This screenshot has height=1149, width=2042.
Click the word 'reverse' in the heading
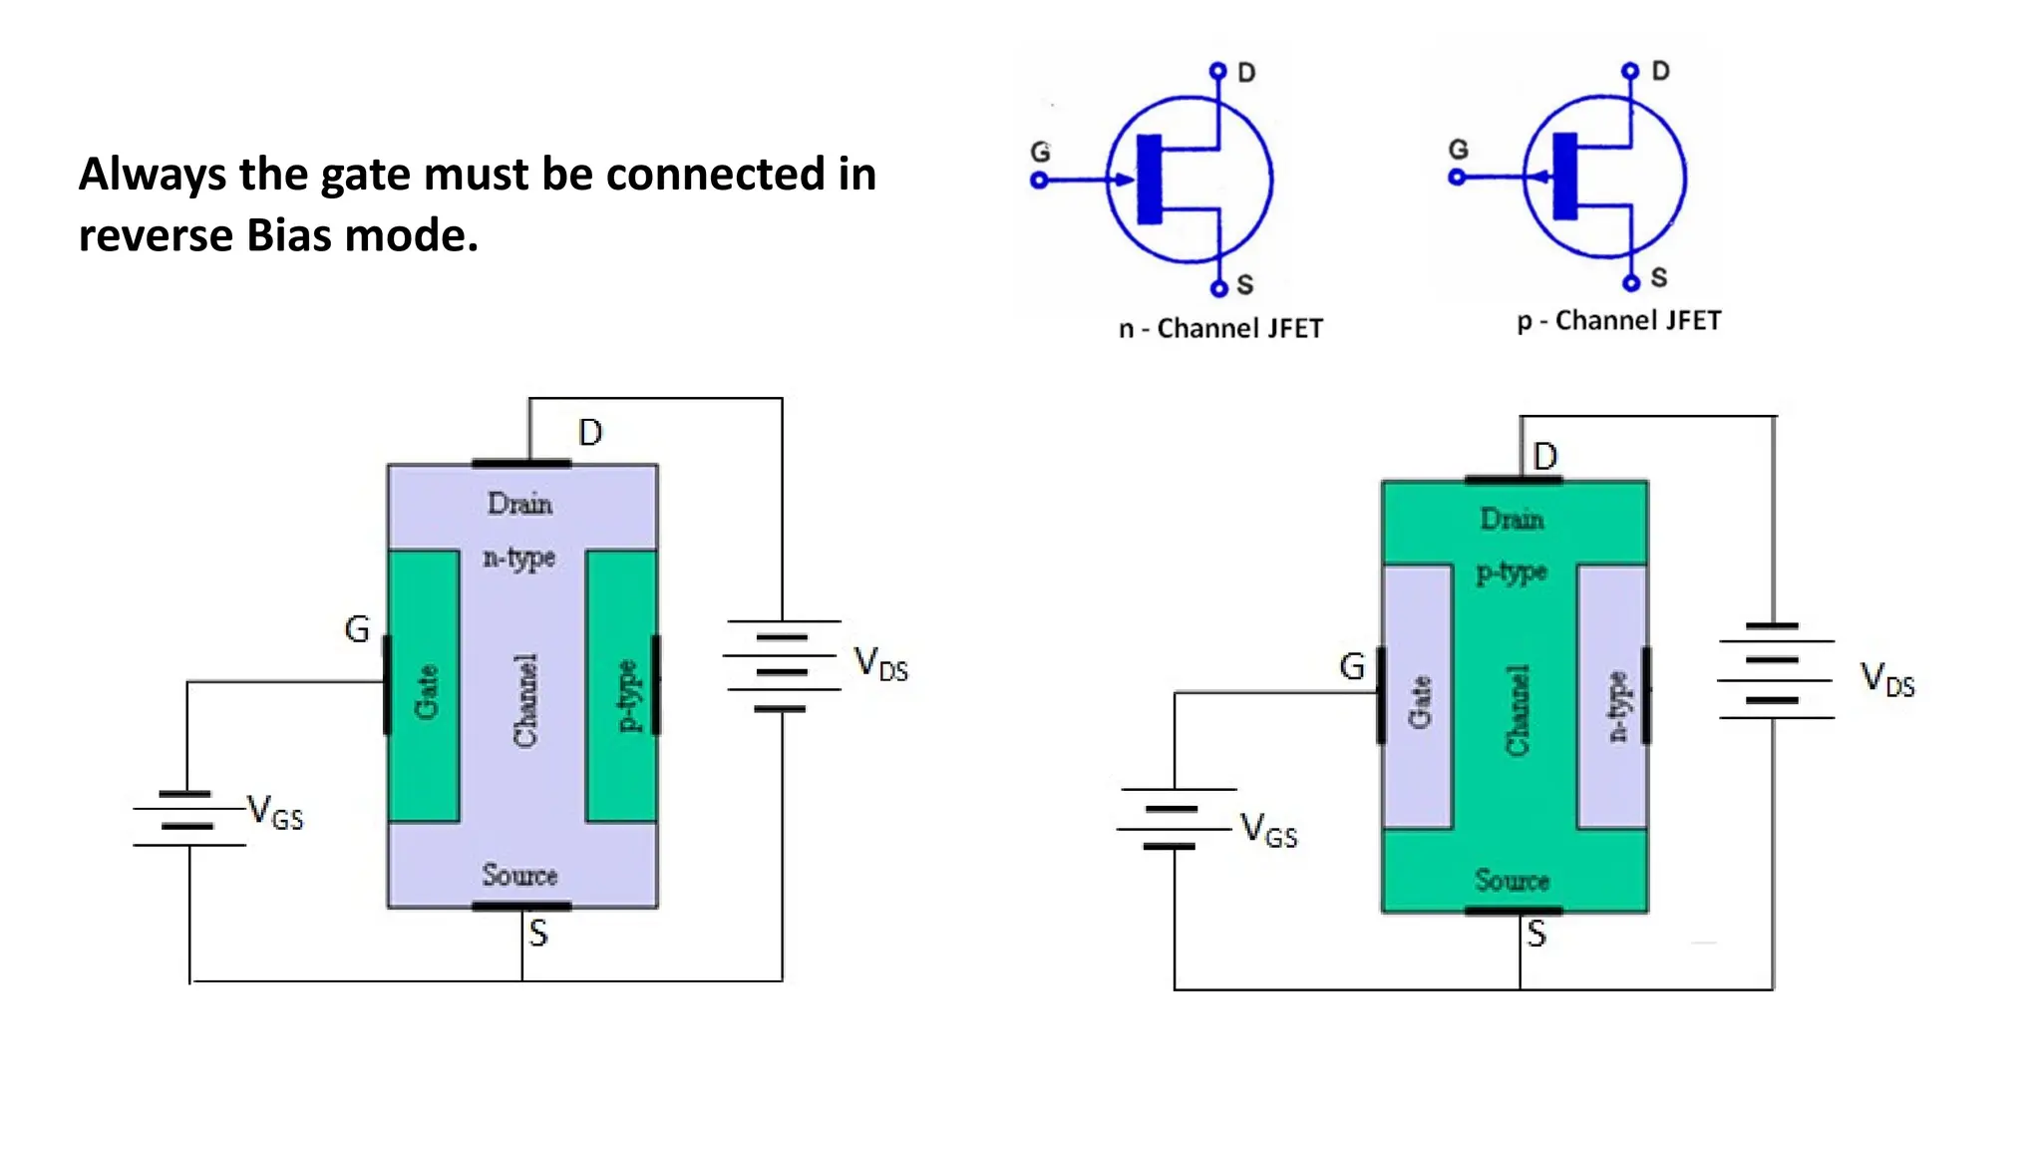tap(155, 237)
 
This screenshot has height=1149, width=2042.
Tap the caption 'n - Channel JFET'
tap(1220, 329)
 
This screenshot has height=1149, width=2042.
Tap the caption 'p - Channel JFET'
tap(1619, 321)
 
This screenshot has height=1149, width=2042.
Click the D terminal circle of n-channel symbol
tap(1217, 71)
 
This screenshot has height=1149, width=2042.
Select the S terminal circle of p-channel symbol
tap(1631, 283)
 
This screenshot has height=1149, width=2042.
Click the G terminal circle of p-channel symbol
tap(1457, 178)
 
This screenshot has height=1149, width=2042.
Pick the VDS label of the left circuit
tap(880, 663)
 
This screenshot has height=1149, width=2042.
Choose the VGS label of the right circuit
tap(1267, 830)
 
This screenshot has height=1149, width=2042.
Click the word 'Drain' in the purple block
tap(519, 504)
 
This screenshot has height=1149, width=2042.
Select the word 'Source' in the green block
tap(1512, 881)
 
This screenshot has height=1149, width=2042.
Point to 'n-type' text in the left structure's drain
tap(518, 558)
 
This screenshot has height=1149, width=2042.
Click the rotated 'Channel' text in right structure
tap(1517, 710)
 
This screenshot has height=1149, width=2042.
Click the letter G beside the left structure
tap(356, 629)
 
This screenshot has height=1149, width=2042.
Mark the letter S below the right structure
tap(1536, 935)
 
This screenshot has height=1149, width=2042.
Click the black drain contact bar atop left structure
tap(520, 464)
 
